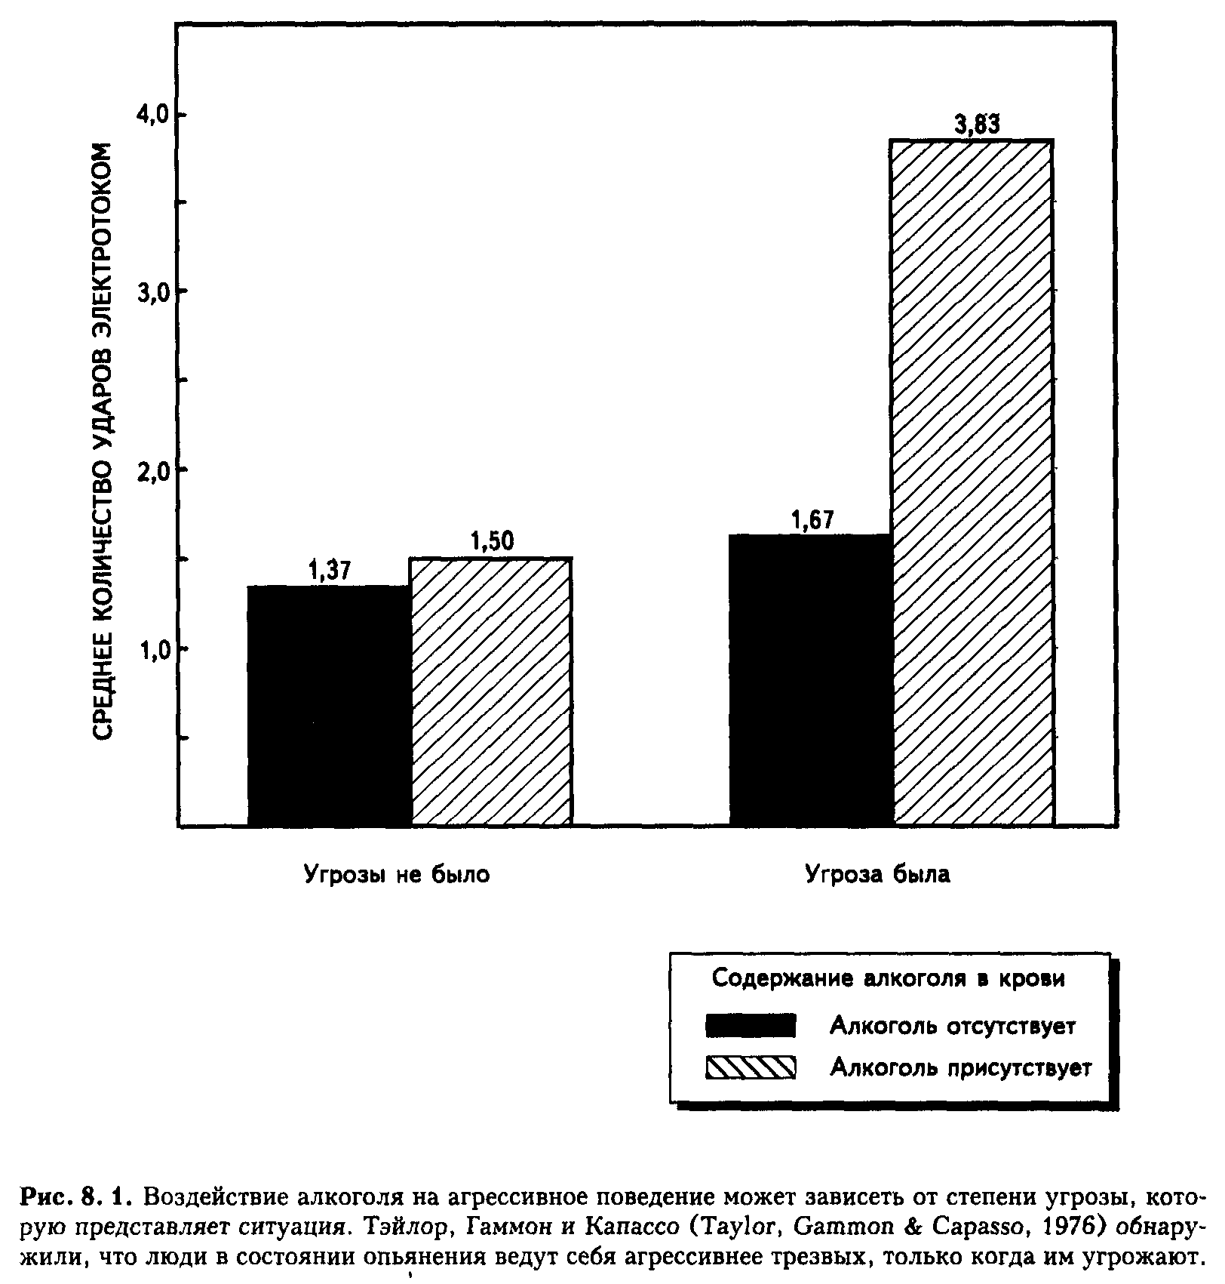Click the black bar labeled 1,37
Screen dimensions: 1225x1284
click(330, 705)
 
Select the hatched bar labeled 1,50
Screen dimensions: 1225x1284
click(491, 691)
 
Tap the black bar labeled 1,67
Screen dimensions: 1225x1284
click(811, 679)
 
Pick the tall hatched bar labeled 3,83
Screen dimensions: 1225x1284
click(972, 482)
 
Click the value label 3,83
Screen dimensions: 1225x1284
click(977, 124)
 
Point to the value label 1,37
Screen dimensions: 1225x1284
click(330, 570)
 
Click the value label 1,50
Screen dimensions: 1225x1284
click(492, 541)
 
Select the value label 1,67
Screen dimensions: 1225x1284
click(812, 519)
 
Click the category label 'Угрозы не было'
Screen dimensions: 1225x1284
click(397, 874)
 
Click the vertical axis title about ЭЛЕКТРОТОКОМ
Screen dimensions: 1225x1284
click(104, 442)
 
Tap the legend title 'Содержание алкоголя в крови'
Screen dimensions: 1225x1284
click(889, 979)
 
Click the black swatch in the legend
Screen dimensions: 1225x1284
click(751, 1026)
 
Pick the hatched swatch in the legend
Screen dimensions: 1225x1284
click(751, 1068)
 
